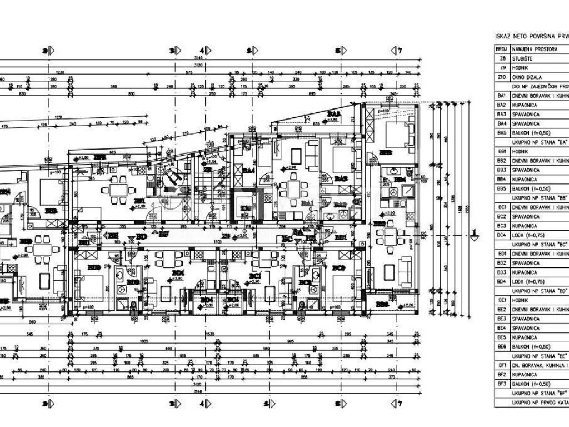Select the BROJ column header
[502, 49]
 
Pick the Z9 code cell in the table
[502, 68]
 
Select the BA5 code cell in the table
[502, 133]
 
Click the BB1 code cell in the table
[502, 151]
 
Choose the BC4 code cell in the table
[502, 235]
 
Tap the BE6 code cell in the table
[502, 347]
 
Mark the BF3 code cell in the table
[502, 384]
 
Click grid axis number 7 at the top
[399, 51]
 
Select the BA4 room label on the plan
[248, 171]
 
